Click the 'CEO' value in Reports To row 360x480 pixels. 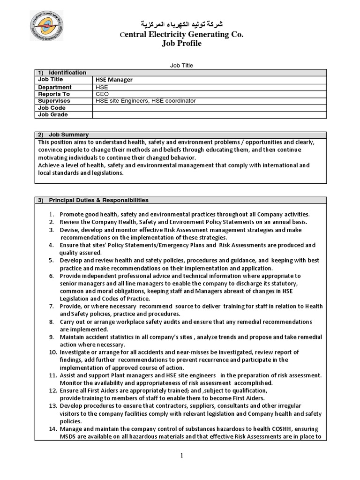point(101,94)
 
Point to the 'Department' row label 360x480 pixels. point(55,87)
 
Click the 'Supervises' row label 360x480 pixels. point(54,101)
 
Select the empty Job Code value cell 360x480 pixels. point(209,108)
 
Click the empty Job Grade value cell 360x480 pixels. point(209,115)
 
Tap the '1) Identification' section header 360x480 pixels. point(62,73)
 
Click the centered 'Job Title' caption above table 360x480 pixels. point(181,66)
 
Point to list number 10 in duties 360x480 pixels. point(52,352)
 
